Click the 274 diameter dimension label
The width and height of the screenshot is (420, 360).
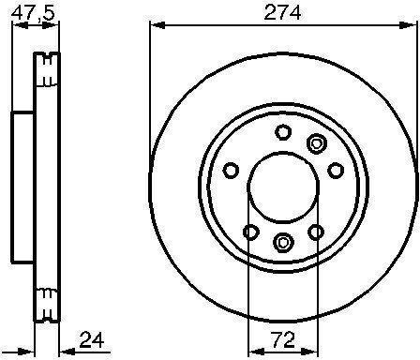(x=282, y=13)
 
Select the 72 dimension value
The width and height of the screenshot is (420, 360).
(x=283, y=339)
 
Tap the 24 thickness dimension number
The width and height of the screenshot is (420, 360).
(x=92, y=340)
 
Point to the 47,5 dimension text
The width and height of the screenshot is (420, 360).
(x=33, y=13)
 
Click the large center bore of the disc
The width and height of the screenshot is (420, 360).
(x=283, y=187)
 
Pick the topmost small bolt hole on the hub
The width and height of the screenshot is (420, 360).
(x=283, y=132)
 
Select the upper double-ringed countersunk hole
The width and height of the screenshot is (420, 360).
(x=316, y=143)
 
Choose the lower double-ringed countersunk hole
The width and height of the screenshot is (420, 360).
(x=283, y=242)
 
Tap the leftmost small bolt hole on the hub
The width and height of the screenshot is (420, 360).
(x=232, y=171)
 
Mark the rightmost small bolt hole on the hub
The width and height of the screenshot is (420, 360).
(x=336, y=171)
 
